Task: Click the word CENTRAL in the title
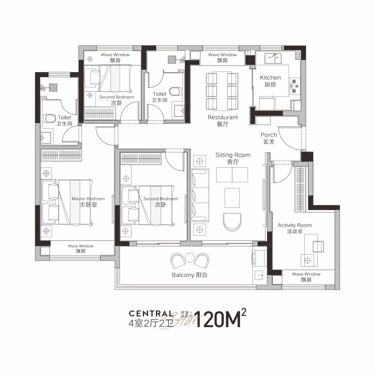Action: (151, 313)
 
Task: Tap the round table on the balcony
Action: (190, 258)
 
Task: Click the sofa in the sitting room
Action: (200, 195)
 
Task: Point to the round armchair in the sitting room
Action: (232, 222)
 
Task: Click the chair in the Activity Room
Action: (318, 246)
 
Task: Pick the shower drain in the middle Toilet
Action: (172, 60)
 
